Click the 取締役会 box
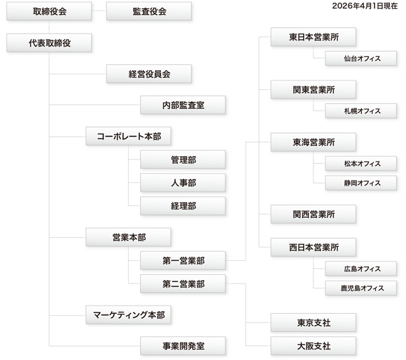[x=50, y=12]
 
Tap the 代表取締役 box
[x=50, y=42]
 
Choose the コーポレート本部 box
[x=129, y=136]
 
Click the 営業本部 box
[x=129, y=237]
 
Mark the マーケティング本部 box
[x=129, y=314]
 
